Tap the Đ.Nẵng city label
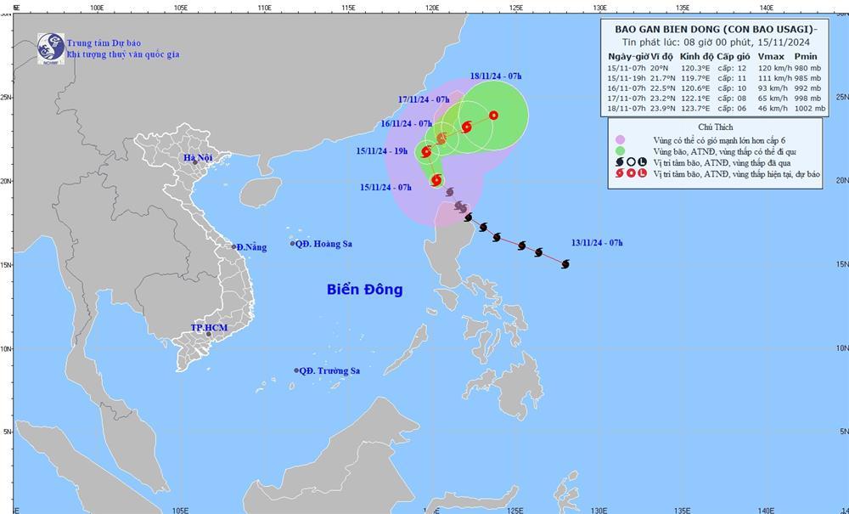(x=252, y=247)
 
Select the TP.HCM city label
(x=207, y=327)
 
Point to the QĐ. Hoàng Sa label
(x=324, y=244)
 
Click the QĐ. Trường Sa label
(x=330, y=370)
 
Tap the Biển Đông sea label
(x=364, y=290)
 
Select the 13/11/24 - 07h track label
(x=598, y=243)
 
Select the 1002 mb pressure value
(x=807, y=108)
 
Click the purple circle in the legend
(x=621, y=139)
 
